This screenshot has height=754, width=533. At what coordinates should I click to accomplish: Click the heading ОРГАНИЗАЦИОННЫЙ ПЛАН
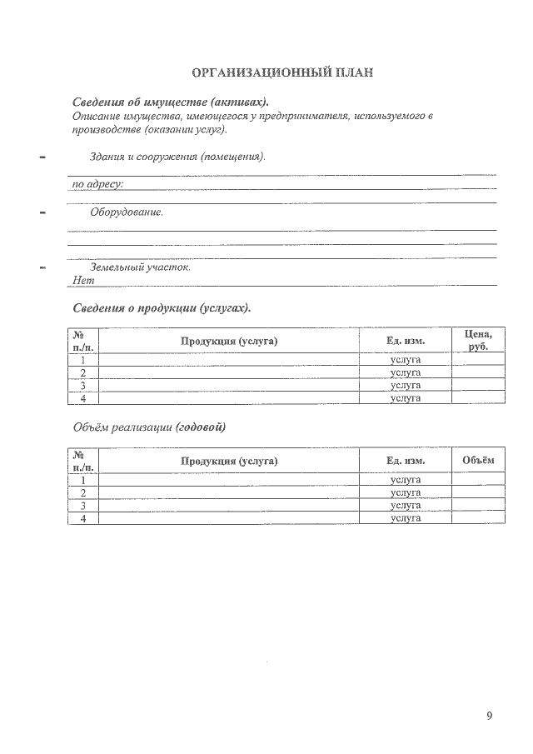(x=282, y=72)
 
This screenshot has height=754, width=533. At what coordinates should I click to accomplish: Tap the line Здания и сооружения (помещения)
(x=177, y=157)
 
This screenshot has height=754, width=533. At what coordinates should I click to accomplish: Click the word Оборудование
(x=127, y=212)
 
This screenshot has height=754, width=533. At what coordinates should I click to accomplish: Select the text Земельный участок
(x=140, y=267)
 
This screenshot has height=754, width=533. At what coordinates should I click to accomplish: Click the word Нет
(x=83, y=281)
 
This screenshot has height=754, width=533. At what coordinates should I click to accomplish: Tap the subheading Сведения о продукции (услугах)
(x=162, y=307)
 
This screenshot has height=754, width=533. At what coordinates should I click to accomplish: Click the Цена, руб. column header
(x=477, y=340)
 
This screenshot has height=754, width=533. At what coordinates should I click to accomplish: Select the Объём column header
(x=477, y=460)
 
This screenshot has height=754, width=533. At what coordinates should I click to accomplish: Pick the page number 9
(x=490, y=716)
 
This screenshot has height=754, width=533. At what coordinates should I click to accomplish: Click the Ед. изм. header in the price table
(x=406, y=341)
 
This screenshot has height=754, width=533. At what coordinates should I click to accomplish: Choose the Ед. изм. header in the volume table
(x=406, y=461)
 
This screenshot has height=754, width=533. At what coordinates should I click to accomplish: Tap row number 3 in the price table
(x=82, y=386)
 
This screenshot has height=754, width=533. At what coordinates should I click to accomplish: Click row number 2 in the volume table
(x=82, y=493)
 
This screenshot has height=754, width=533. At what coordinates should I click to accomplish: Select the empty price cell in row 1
(x=477, y=360)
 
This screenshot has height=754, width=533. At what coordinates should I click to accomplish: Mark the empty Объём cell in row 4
(x=477, y=518)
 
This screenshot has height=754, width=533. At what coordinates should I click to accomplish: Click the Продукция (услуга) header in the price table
(x=228, y=341)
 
